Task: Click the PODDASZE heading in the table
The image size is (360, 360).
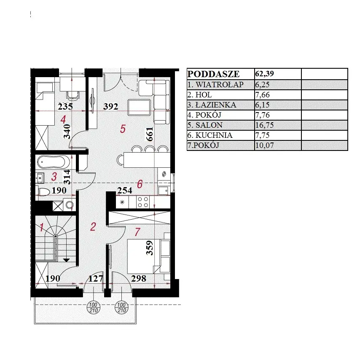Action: (213, 74)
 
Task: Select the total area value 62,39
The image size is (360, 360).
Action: (264, 73)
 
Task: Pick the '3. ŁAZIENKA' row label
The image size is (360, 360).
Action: (212, 105)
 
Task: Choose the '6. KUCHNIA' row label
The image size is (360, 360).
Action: (210, 135)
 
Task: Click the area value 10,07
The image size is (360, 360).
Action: (264, 145)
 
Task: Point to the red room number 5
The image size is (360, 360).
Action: (123, 129)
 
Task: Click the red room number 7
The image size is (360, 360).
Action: (137, 232)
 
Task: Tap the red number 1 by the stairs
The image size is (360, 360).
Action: (42, 227)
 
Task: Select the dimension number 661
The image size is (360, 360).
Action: (150, 134)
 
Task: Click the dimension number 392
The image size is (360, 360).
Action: (111, 107)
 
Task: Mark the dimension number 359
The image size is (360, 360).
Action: (150, 248)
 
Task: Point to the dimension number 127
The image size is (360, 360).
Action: (96, 279)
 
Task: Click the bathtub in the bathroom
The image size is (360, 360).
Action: (54, 162)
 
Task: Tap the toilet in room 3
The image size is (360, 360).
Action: (44, 192)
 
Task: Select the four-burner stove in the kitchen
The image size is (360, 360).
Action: (142, 202)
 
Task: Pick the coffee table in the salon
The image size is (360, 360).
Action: (140, 107)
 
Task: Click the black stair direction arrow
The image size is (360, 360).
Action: (66, 260)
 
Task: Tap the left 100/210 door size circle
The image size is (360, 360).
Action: (94, 308)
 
